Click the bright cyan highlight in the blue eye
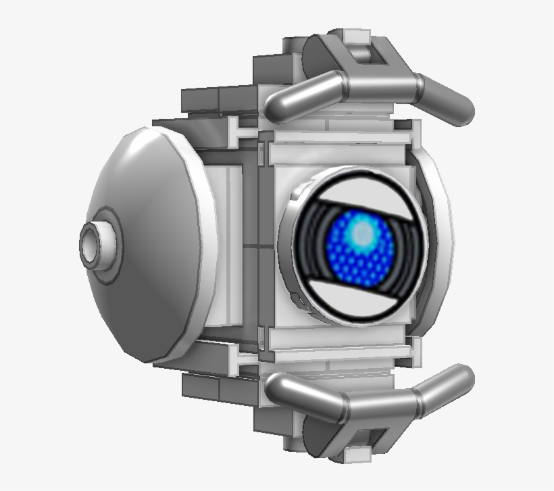363,234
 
